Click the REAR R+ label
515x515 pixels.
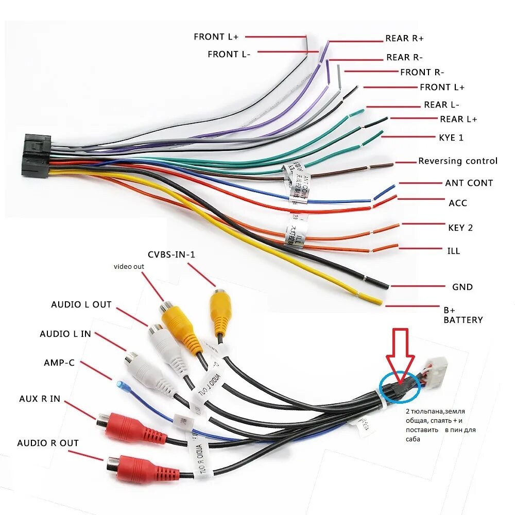click(404, 39)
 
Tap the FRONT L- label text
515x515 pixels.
click(229, 54)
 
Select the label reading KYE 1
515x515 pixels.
click(451, 138)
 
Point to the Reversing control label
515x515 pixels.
click(457, 161)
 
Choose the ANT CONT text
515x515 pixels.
click(469, 183)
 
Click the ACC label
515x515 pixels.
click(458, 203)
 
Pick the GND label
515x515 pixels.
click(462, 287)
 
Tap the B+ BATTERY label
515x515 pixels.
click(463, 315)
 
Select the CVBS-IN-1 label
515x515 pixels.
click(171, 254)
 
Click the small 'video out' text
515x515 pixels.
click(129, 266)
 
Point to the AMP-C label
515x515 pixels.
click(59, 363)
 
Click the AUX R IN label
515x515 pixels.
click(40, 399)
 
